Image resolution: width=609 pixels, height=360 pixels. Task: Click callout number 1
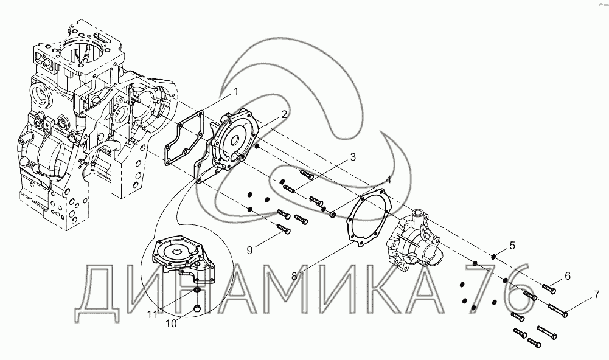pyautogui.click(x=235, y=92)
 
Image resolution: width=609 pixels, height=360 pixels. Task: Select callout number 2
pyautogui.click(x=284, y=114)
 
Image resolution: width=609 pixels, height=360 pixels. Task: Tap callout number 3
pyautogui.click(x=353, y=157)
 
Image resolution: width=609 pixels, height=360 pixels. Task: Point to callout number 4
pyautogui.click(x=388, y=180)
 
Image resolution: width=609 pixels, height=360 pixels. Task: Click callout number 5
pyautogui.click(x=512, y=246)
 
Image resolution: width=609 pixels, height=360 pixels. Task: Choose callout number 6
pyautogui.click(x=568, y=276)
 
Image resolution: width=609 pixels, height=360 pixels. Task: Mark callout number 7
pyautogui.click(x=597, y=295)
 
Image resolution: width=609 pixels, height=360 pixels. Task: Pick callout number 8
pyautogui.click(x=294, y=276)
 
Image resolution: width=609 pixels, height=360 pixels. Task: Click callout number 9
pyautogui.click(x=249, y=251)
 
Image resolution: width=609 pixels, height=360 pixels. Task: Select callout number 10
pyautogui.click(x=171, y=323)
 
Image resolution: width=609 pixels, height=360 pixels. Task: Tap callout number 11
pyautogui.click(x=152, y=314)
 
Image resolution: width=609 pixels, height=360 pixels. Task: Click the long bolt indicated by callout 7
pyautogui.click(x=558, y=310)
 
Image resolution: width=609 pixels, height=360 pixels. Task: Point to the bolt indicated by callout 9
pyautogui.click(x=284, y=229)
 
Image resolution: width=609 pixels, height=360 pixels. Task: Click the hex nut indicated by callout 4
pyautogui.click(x=332, y=214)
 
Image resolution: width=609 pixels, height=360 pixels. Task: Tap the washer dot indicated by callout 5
pyautogui.click(x=493, y=256)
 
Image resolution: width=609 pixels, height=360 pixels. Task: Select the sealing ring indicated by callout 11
pyautogui.click(x=197, y=291)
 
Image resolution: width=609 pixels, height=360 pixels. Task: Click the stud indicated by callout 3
pyautogui.click(x=290, y=189)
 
